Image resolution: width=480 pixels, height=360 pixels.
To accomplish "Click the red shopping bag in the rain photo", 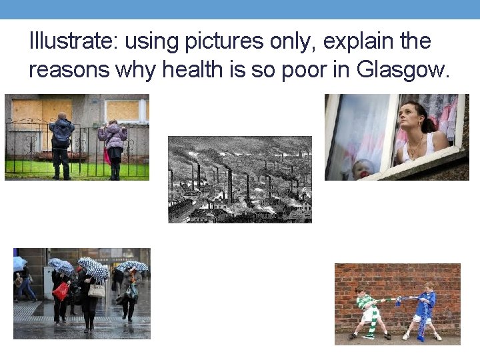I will (x=61, y=291).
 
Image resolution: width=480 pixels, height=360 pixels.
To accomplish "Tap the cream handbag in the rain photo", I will (x=97, y=290).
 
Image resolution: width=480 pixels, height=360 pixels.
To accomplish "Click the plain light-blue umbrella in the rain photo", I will (x=19, y=263).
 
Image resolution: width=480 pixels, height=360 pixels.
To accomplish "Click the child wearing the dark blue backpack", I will (x=61, y=143).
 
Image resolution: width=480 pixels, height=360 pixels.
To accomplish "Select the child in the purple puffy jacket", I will (x=113, y=147).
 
